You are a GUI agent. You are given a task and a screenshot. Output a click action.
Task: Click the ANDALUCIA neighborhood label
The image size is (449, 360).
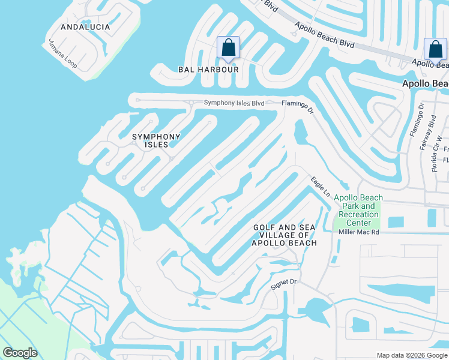pos(85,27)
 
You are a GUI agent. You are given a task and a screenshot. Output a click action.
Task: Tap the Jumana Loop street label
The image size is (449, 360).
pos(63,54)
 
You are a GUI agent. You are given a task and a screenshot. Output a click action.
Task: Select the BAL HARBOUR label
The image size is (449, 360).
pos(208,70)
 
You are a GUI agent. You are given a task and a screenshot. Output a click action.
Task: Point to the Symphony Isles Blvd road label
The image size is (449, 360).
pos(234,103)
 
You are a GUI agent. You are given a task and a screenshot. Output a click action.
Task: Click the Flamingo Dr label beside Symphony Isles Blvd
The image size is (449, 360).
pos(298,106)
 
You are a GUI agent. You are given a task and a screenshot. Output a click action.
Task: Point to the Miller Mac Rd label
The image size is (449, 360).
pos(359,232)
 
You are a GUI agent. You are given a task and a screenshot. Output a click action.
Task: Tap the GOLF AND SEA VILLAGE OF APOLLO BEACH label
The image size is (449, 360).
pos(285,235)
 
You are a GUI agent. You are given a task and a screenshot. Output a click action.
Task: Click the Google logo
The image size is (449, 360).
pos(20,352)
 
